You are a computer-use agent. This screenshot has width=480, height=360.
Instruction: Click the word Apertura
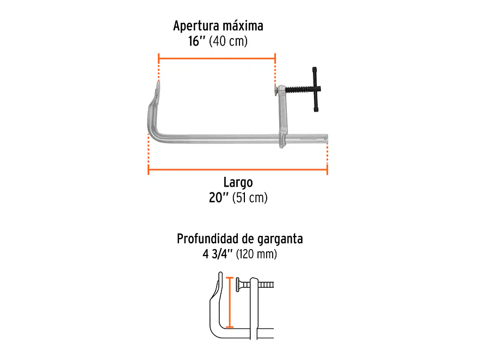(x=196, y=26)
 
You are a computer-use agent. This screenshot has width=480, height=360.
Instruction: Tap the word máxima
(x=243, y=26)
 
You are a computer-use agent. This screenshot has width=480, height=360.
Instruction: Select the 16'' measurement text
(x=196, y=41)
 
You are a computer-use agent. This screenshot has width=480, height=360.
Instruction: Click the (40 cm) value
(x=228, y=41)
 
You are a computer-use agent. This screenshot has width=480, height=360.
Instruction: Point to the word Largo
(x=238, y=183)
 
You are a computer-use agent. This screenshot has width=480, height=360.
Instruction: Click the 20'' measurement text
(x=219, y=197)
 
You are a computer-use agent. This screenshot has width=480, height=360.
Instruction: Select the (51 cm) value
(x=250, y=198)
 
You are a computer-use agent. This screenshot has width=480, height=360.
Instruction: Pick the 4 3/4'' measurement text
(x=218, y=254)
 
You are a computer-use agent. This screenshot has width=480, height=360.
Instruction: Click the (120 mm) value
(x=256, y=254)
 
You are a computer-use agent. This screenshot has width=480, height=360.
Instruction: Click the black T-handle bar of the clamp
(x=315, y=89)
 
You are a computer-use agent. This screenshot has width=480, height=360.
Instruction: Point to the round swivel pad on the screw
(x=276, y=90)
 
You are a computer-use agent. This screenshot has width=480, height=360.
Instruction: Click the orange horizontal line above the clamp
(x=217, y=58)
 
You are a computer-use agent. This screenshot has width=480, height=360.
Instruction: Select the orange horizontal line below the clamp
(x=238, y=169)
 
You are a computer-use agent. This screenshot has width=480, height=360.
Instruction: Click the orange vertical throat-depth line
(x=230, y=302)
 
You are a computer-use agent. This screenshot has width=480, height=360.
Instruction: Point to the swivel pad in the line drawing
(x=237, y=285)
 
